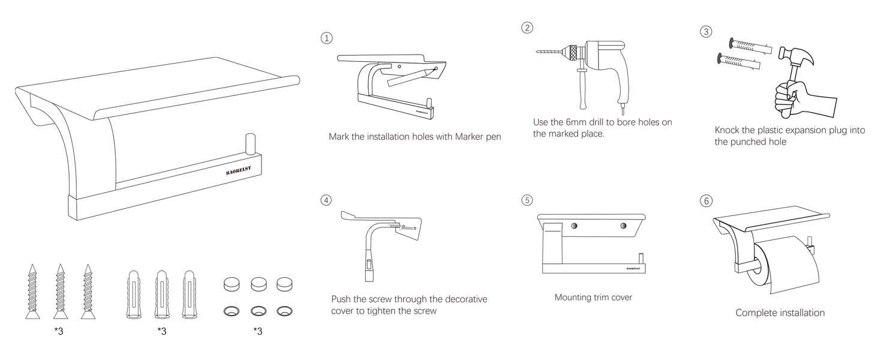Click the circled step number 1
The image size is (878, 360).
click(x=326, y=38)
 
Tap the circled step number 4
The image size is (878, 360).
click(x=326, y=200)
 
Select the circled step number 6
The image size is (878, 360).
click(x=706, y=201)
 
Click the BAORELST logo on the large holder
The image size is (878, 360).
click(x=238, y=170)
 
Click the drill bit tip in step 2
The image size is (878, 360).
click(x=537, y=52)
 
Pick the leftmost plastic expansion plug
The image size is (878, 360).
click(x=133, y=294)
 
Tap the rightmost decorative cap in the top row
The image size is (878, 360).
click(x=284, y=284)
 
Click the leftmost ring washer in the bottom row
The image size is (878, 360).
click(x=231, y=311)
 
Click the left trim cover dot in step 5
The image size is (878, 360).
click(x=574, y=226)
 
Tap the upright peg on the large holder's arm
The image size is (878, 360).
click(x=250, y=145)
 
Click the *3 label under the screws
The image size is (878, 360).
click(x=59, y=331)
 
